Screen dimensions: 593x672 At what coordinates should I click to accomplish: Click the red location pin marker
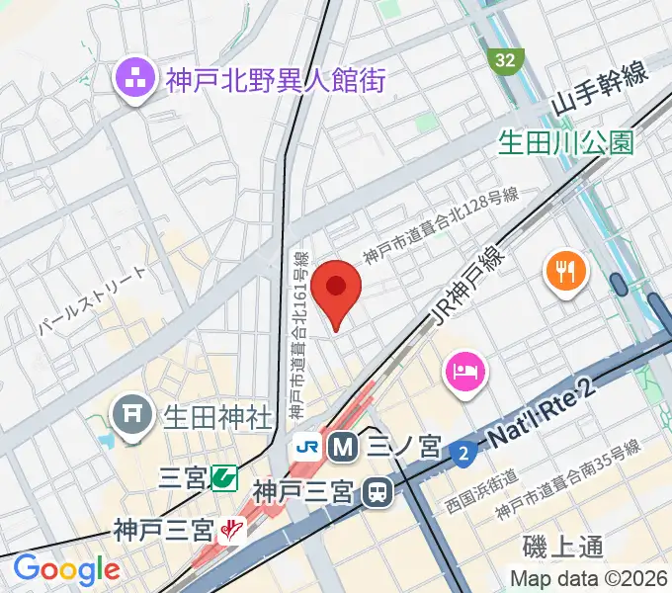click(x=337, y=290)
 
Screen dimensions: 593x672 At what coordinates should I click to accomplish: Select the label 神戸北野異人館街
click(x=275, y=79)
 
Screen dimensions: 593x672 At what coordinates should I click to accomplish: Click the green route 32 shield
click(x=505, y=61)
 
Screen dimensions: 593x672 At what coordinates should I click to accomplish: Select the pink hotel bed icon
click(x=464, y=373)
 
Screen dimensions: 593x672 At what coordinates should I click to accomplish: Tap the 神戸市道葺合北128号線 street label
click(x=440, y=227)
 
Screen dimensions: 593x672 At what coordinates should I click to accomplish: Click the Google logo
click(x=66, y=568)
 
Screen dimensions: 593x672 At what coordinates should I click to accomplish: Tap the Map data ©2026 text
click(x=587, y=578)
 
